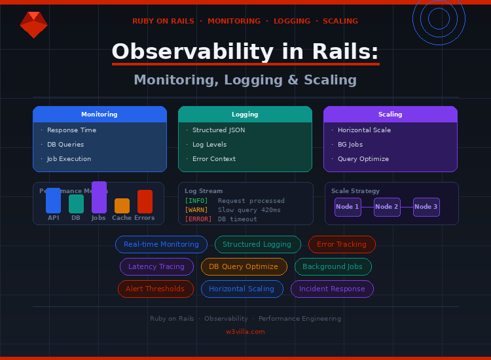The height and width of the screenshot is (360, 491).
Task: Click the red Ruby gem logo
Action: (33, 25)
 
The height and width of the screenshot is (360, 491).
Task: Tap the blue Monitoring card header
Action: (100, 115)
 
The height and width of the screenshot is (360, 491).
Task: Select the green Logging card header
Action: (245, 115)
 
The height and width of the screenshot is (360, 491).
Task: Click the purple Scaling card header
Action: (390, 115)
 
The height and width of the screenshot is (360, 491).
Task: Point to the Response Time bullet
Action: (71, 130)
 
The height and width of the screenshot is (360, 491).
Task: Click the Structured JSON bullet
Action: (219, 130)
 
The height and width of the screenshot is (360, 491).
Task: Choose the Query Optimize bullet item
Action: (363, 159)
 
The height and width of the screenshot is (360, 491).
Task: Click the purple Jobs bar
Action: (99, 198)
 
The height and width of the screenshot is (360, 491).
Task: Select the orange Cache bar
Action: (122, 206)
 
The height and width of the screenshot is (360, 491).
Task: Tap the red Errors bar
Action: (145, 202)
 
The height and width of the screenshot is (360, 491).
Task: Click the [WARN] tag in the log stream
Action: (196, 210)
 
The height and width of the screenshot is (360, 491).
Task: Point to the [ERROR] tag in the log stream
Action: (198, 219)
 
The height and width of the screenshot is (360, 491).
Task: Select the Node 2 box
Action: (387, 207)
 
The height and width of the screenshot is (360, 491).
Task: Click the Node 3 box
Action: (426, 207)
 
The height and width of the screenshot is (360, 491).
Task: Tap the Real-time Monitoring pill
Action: (161, 245)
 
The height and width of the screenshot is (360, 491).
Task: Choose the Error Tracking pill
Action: (342, 245)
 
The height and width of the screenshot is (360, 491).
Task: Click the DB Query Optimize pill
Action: (244, 267)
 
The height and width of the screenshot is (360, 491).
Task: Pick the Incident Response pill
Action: (332, 289)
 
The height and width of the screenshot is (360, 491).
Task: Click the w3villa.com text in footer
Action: (245, 332)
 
